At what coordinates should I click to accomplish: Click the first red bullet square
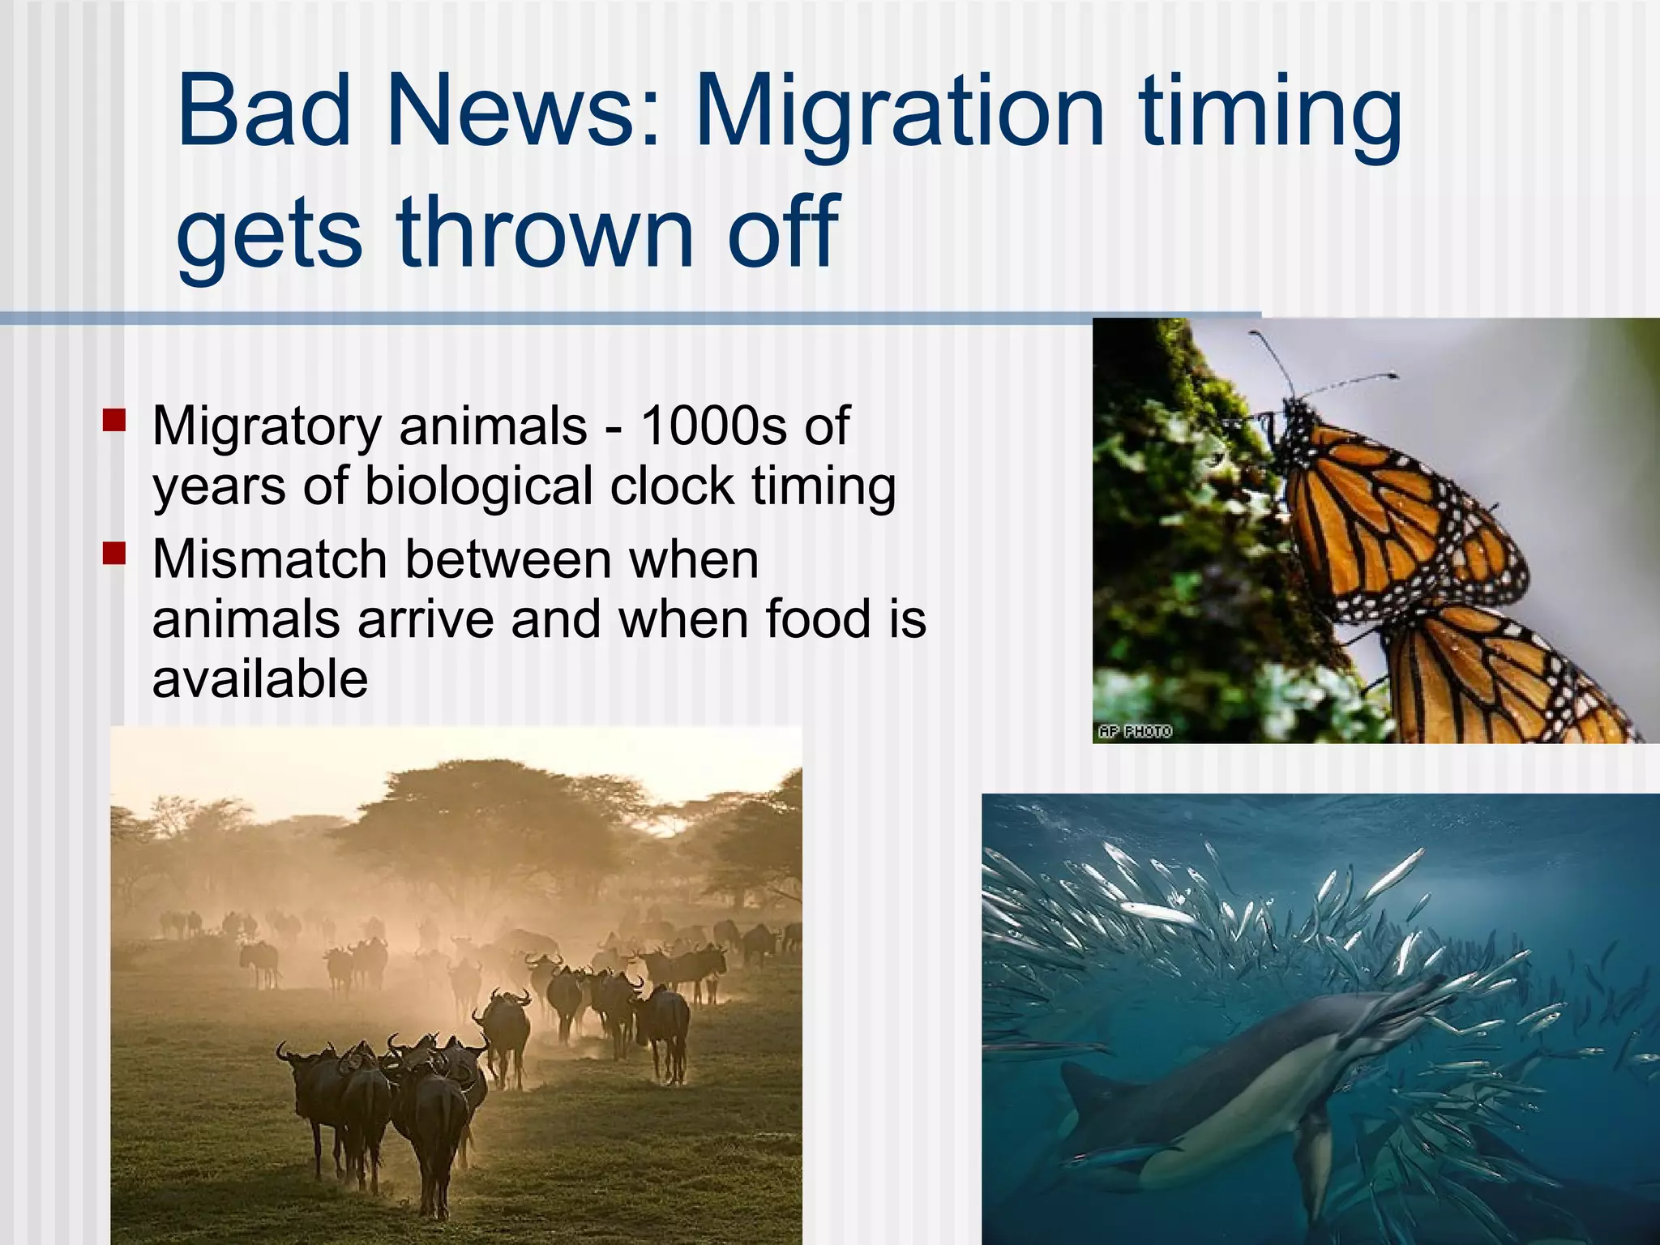tap(114, 419)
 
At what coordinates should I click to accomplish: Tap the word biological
tap(478, 486)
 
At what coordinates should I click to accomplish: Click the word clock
tap(671, 486)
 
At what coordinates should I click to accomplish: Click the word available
tap(259, 678)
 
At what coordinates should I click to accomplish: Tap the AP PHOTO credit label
tap(1135, 731)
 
